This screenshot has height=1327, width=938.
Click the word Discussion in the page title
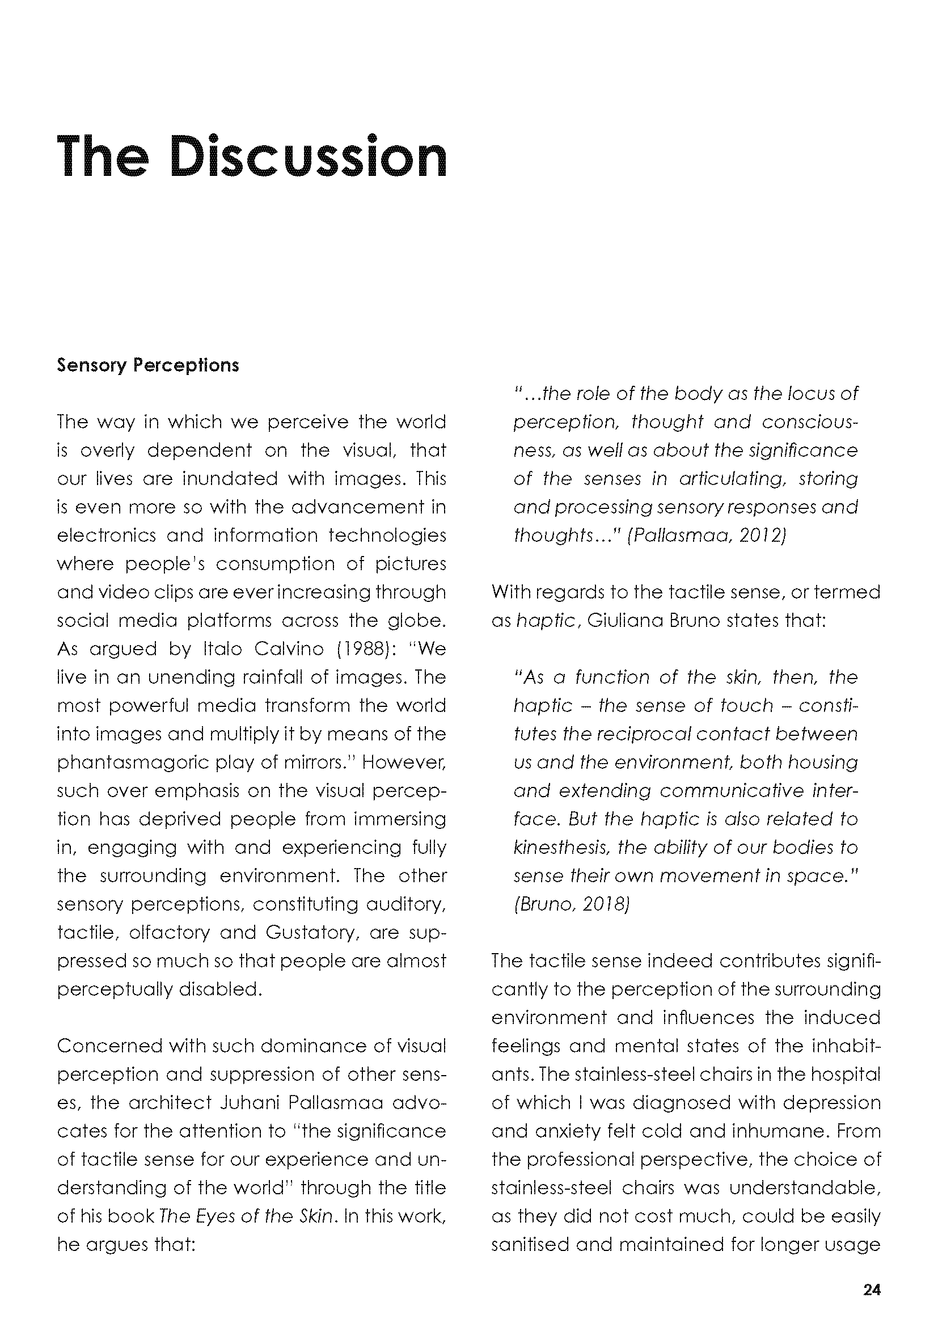click(x=310, y=157)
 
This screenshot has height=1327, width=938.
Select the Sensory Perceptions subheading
click(x=148, y=365)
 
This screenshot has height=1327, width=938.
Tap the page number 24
click(x=872, y=1290)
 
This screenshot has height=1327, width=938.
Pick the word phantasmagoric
click(x=138, y=763)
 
